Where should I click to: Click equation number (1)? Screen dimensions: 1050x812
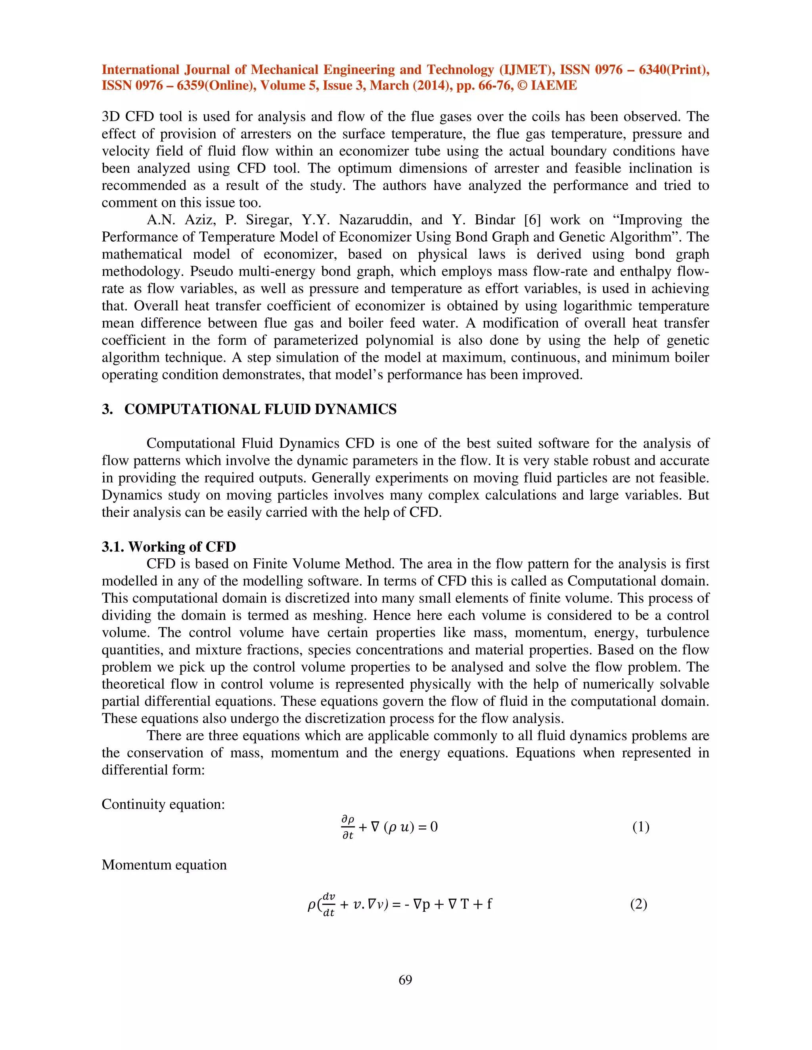click(641, 827)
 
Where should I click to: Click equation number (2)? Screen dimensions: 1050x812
click(638, 904)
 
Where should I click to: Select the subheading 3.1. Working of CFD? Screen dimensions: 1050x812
click(169, 547)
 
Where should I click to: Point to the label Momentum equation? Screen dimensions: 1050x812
click(164, 865)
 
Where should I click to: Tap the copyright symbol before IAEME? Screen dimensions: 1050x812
click(523, 86)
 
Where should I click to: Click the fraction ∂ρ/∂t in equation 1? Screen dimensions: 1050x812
click(347, 827)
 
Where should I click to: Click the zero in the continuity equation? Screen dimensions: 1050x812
click(433, 827)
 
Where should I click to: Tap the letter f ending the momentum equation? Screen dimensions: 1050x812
click(489, 904)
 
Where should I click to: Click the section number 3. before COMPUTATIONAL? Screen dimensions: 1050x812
click(107, 409)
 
